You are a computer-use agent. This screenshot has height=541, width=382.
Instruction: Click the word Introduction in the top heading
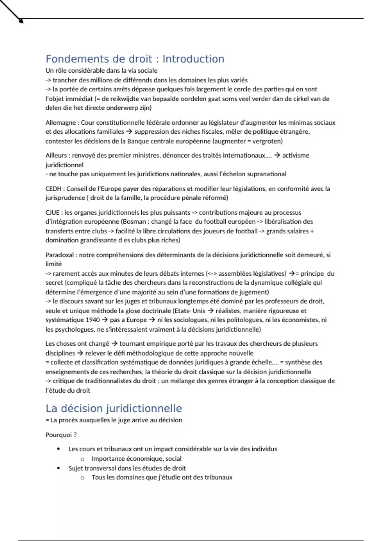click(x=193, y=59)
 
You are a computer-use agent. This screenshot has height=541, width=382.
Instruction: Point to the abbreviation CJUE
click(x=53, y=213)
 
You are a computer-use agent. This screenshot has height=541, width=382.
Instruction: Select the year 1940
click(x=93, y=320)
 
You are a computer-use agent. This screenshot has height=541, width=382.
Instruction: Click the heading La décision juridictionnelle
click(x=114, y=408)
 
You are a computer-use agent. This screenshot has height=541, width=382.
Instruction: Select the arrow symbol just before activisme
click(x=277, y=156)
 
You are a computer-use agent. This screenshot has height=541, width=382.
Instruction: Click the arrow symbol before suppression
click(x=129, y=132)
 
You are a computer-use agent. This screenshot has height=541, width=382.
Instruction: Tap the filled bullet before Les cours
click(x=58, y=449)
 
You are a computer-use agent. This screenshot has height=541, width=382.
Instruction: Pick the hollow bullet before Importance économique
click(x=82, y=459)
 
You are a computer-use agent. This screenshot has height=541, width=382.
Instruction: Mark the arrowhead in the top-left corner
click(x=21, y=21)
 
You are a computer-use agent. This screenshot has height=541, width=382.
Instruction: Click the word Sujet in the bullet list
click(x=76, y=468)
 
